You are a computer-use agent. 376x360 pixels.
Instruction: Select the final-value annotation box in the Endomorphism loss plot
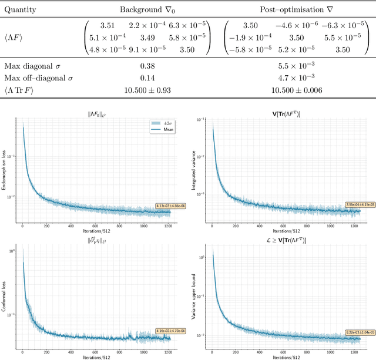[x=170, y=206]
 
